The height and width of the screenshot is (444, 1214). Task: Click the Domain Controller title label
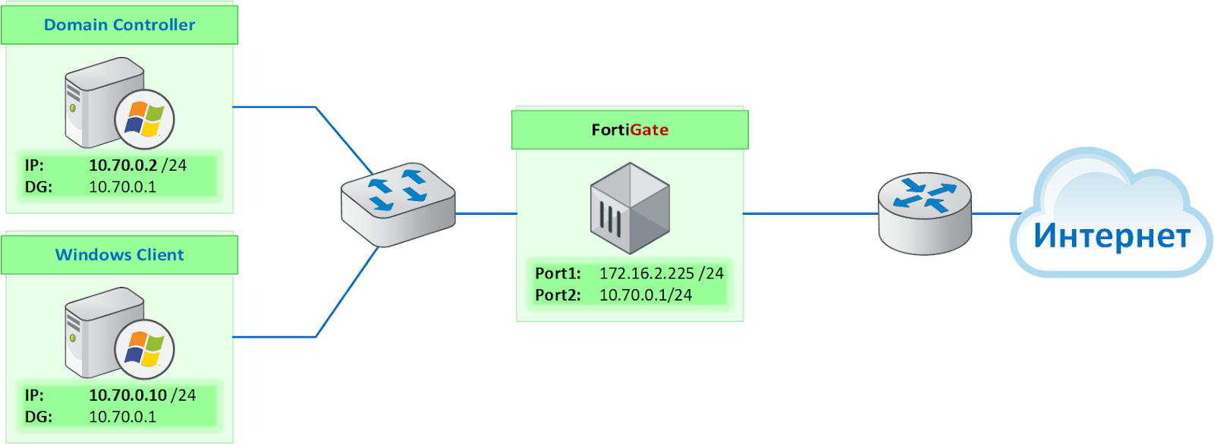click(x=119, y=25)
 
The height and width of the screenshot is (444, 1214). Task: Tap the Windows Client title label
click(x=119, y=255)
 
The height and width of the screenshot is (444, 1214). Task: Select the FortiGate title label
click(x=630, y=130)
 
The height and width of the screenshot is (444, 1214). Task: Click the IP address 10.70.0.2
click(x=123, y=165)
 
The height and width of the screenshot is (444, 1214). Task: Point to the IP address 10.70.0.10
click(x=128, y=395)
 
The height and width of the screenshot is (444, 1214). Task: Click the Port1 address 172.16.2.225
click(x=646, y=273)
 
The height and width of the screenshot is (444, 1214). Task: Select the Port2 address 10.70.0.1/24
click(x=646, y=295)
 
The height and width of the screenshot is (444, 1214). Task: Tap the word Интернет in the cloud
click(x=1112, y=236)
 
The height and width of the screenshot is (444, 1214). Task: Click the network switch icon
click(x=398, y=204)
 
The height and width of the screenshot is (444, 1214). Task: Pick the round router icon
click(x=925, y=213)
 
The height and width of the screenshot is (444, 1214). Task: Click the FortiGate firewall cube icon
click(x=630, y=208)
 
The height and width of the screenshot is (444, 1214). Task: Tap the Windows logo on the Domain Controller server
click(x=144, y=119)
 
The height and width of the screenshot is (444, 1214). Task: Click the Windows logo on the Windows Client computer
click(x=144, y=349)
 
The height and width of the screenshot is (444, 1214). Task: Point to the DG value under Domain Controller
click(x=122, y=187)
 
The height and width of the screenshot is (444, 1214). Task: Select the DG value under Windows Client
click(x=122, y=417)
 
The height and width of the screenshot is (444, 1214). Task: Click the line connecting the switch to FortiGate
click(x=486, y=213)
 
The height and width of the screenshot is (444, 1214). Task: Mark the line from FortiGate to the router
click(x=810, y=213)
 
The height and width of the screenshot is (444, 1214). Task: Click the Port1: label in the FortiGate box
click(x=558, y=273)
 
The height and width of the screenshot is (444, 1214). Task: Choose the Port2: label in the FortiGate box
click(x=558, y=295)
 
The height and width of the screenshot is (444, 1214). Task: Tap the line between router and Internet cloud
click(x=997, y=213)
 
